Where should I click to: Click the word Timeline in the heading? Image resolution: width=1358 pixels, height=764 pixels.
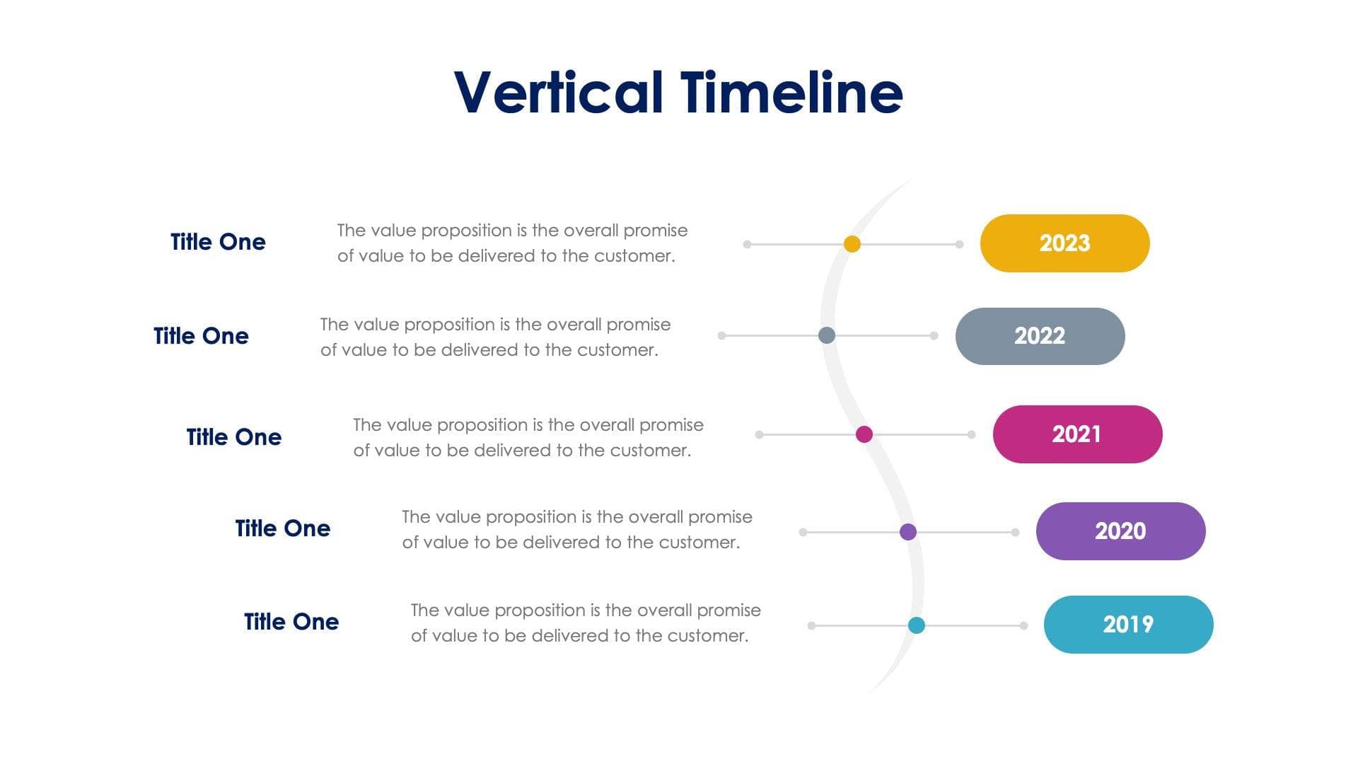click(791, 93)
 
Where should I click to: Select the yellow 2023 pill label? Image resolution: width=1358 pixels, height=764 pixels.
click(1064, 243)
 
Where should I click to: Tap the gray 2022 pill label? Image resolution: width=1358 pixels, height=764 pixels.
click(1040, 336)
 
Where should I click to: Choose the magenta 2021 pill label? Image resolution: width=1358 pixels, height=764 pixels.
click(1077, 434)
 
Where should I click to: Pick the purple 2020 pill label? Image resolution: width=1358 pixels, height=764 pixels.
click(1120, 531)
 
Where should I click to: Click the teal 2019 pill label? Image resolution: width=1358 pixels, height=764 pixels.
click(1128, 625)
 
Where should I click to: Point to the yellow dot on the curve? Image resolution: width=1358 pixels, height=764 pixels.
click(852, 244)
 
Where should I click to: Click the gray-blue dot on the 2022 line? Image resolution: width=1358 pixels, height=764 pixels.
click(827, 335)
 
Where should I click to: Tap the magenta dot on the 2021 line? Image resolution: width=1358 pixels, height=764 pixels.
click(864, 434)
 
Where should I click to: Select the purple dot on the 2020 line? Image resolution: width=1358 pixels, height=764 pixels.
click(908, 532)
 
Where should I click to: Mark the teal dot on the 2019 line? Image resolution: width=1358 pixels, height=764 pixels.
click(917, 625)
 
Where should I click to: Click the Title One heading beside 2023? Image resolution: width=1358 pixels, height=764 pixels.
click(218, 242)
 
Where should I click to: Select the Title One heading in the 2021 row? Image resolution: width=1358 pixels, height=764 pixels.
click(233, 437)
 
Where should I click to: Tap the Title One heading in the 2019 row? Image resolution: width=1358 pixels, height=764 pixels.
click(291, 622)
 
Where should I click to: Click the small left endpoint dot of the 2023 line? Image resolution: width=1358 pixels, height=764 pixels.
click(747, 244)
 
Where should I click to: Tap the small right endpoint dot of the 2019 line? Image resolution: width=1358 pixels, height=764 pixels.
click(1023, 625)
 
